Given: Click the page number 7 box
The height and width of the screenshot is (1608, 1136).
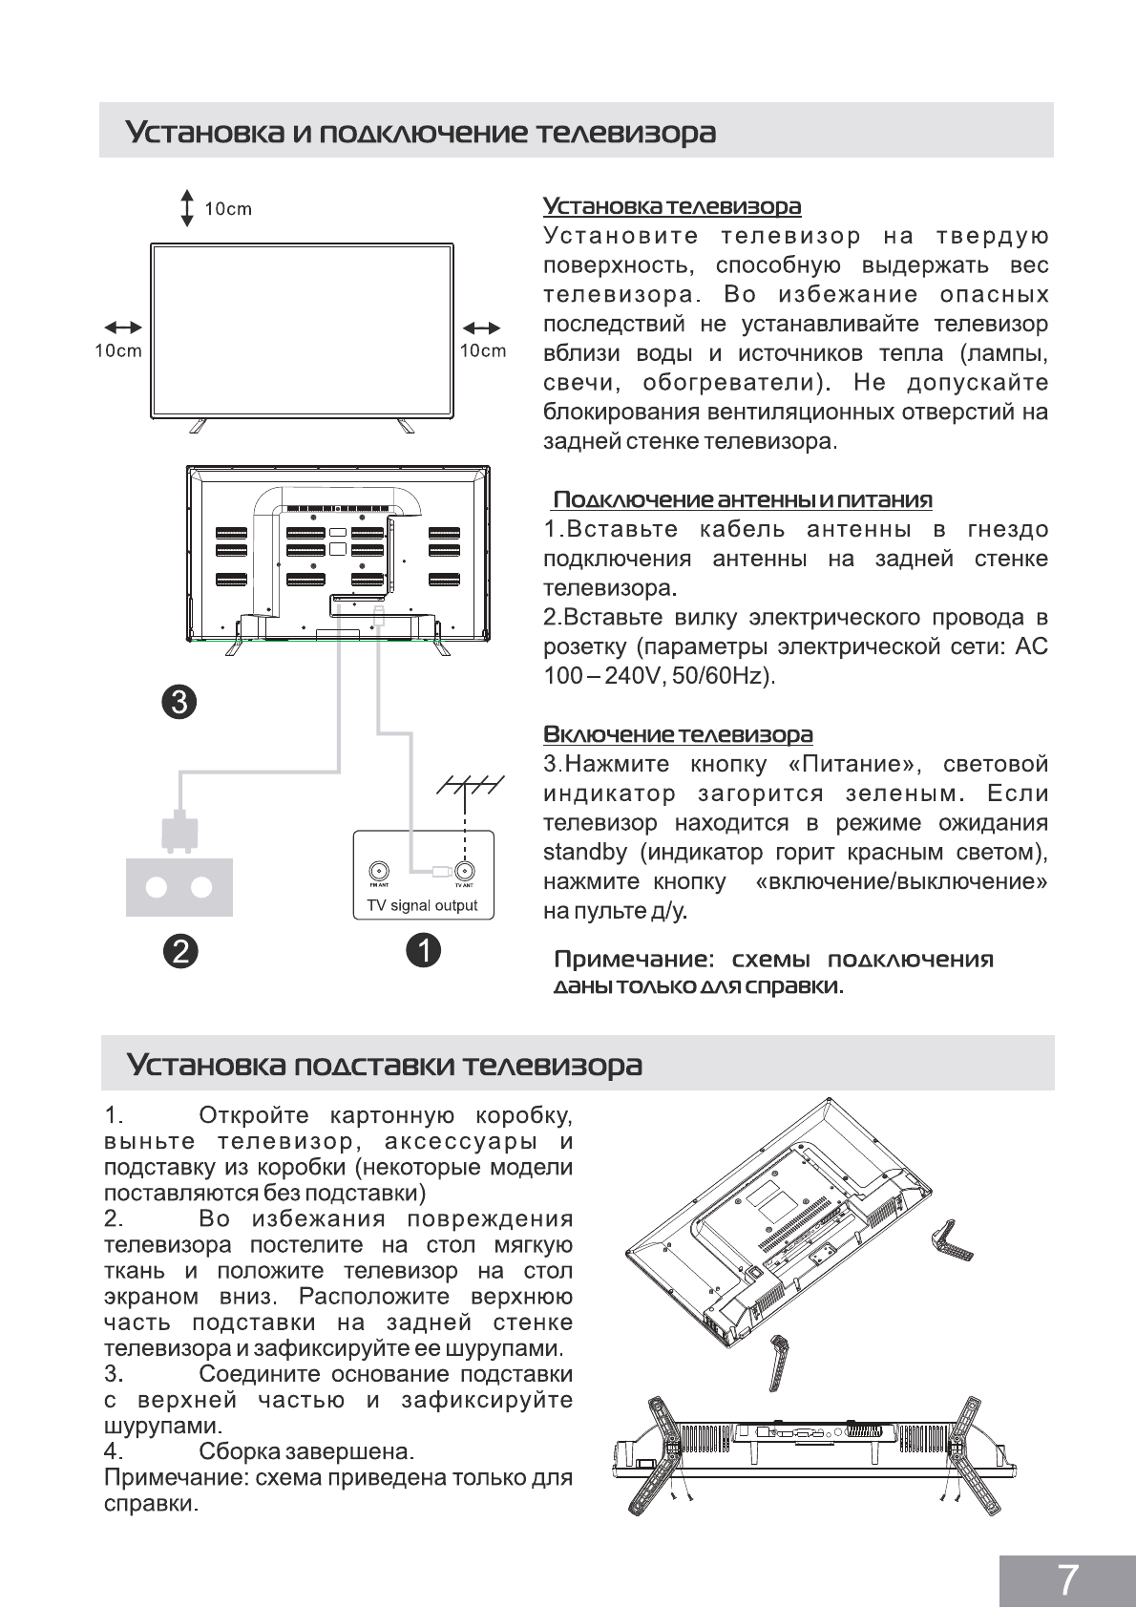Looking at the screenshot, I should click(x=1067, y=1578).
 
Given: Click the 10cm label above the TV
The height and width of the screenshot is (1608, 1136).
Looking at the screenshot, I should click(x=228, y=209).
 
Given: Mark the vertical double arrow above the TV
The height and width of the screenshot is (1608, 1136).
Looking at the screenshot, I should click(x=187, y=208).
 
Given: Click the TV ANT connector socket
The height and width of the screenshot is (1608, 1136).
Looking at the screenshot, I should click(x=464, y=871).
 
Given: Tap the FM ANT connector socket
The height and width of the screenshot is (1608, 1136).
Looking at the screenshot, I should click(x=379, y=871).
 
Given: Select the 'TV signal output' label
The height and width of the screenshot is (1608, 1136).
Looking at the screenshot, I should click(x=422, y=905).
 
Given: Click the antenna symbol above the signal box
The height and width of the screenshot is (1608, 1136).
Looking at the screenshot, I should click(x=464, y=785).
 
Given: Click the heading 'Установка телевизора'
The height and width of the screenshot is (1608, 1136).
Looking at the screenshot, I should click(x=672, y=206).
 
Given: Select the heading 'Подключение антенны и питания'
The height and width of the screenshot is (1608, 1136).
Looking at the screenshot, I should click(x=743, y=499).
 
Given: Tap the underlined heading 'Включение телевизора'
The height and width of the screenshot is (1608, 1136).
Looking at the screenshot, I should click(x=678, y=734).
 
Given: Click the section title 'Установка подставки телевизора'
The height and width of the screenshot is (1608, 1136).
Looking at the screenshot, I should click(x=385, y=1064).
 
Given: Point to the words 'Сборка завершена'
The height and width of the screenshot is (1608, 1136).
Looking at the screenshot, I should click(x=306, y=1451).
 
